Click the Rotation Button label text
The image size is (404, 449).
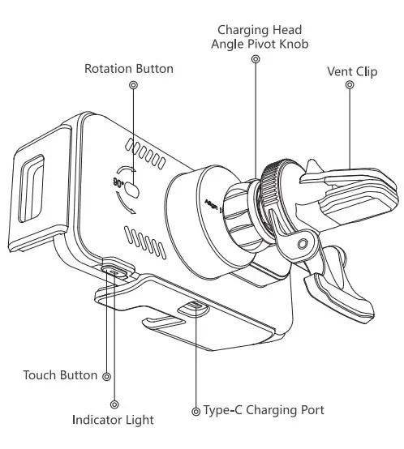[128, 69]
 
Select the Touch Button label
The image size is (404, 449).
[60, 376]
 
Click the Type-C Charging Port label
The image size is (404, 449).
[264, 410]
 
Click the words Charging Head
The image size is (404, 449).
[254, 30]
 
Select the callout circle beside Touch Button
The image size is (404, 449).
[107, 376]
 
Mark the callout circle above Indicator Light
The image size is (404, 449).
[114, 403]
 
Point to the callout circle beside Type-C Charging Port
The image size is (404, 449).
[195, 411]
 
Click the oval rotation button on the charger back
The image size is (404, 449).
[135, 191]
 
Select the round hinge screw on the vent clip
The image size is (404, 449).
[303, 243]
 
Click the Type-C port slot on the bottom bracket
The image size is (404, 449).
[191, 307]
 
